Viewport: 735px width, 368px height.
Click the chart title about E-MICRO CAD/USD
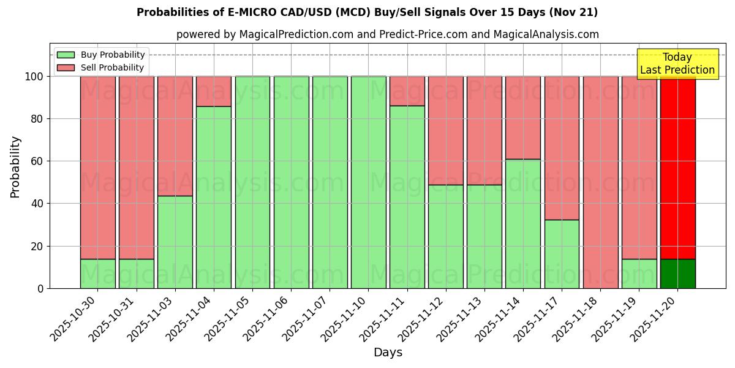(367, 12)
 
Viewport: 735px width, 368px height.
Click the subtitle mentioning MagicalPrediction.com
(387, 34)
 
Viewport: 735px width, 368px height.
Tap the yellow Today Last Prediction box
(677, 64)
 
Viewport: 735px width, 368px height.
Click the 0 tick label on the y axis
(40, 288)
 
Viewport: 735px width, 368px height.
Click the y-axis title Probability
(15, 166)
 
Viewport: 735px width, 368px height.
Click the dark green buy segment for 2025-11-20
(677, 274)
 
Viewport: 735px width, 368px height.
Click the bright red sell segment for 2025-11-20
(677, 166)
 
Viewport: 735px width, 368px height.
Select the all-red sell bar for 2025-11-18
(600, 182)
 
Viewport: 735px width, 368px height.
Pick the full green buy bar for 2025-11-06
(291, 182)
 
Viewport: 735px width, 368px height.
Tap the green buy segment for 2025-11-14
(523, 224)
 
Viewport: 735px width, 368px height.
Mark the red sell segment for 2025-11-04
(213, 91)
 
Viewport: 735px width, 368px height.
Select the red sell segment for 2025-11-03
(175, 136)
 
